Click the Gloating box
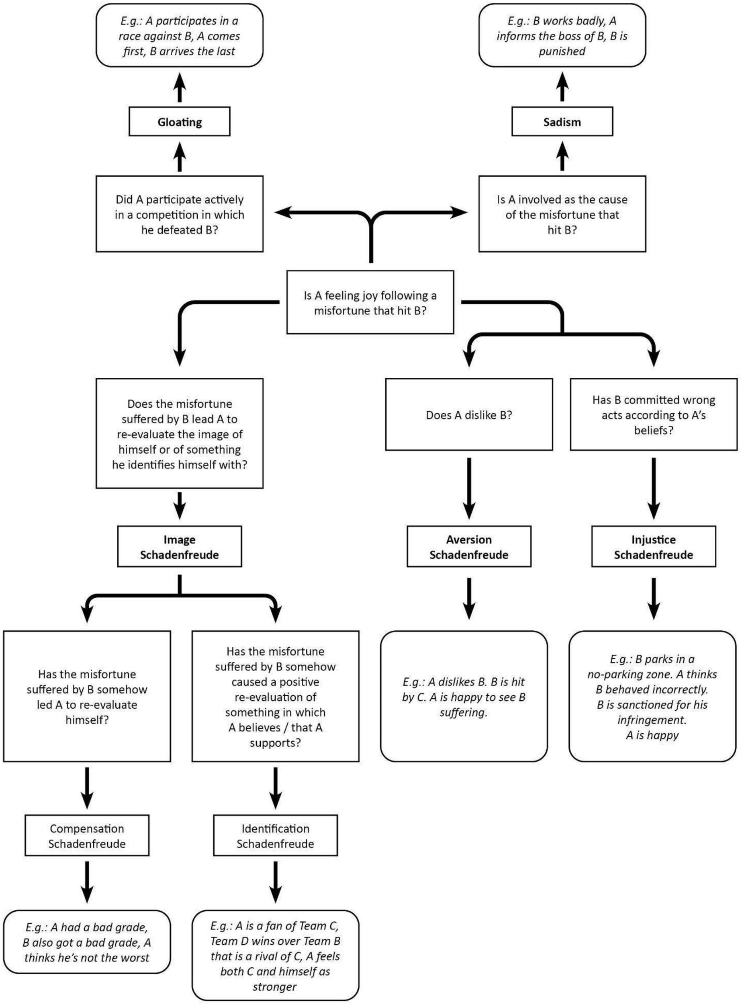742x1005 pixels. click(x=179, y=121)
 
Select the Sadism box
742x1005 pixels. click(x=562, y=121)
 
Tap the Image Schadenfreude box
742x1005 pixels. click(x=179, y=547)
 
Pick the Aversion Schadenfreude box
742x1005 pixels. click(x=468, y=547)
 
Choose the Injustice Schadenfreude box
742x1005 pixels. click(x=653, y=547)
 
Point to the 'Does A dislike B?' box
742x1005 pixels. click(x=468, y=414)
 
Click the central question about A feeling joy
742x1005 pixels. click(x=370, y=302)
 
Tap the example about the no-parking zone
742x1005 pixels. click(x=652, y=696)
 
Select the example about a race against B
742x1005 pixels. click(x=179, y=36)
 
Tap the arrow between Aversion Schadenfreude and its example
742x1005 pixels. click(x=468, y=598)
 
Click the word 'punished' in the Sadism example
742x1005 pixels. click(x=562, y=51)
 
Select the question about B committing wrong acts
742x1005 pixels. click(x=653, y=414)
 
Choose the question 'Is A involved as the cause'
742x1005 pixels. click(x=562, y=214)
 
